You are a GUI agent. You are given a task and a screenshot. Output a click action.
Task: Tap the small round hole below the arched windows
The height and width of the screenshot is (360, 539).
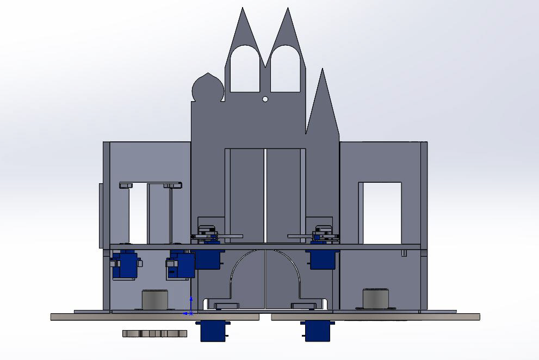click(265, 99)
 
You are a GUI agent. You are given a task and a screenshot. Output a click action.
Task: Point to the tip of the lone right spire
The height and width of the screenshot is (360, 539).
click(323, 70)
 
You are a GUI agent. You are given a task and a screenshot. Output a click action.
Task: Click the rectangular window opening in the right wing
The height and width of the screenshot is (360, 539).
click(380, 213)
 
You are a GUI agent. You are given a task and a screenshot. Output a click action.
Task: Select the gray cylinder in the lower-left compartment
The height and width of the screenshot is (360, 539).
click(155, 299)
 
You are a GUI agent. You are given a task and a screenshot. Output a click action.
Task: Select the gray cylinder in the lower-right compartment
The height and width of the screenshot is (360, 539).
click(376, 298)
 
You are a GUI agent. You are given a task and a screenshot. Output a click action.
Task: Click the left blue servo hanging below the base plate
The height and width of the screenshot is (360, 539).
click(213, 330)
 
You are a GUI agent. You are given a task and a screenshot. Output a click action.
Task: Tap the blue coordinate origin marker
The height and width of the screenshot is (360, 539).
click(190, 313)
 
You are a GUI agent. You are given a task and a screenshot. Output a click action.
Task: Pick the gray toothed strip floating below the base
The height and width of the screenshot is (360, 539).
click(154, 333)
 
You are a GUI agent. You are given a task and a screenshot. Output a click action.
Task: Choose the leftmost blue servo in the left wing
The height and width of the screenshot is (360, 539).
click(125, 264)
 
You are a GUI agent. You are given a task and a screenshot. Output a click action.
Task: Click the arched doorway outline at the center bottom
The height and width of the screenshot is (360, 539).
click(265, 277)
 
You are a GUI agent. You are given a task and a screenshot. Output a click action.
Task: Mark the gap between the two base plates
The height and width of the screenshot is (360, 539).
click(266, 316)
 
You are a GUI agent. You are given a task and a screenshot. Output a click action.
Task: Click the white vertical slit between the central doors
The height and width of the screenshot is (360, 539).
click(265, 196)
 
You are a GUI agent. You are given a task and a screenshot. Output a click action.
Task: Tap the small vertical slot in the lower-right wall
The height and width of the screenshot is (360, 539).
click(404, 253)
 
